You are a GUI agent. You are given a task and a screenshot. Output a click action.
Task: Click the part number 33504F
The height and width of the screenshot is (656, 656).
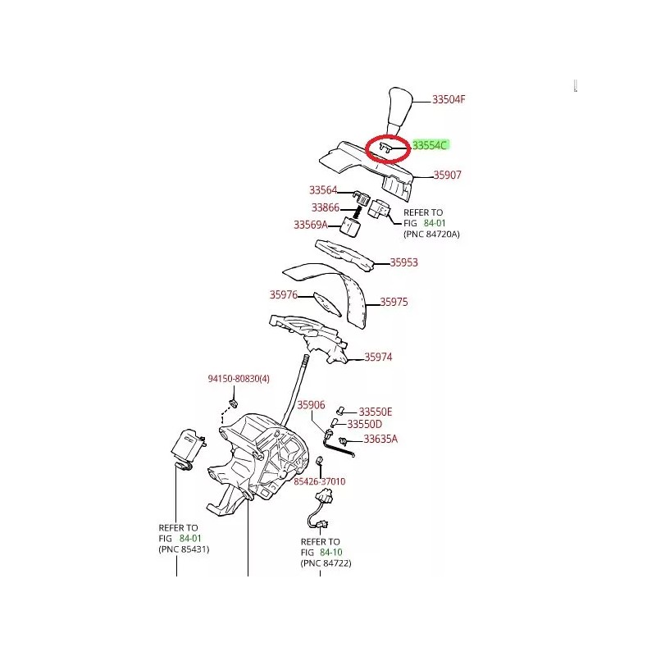(x=449, y=99)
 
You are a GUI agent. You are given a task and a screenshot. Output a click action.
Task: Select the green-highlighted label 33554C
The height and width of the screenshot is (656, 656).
(x=430, y=145)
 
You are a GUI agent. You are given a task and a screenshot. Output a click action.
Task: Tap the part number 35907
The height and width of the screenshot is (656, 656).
(x=447, y=175)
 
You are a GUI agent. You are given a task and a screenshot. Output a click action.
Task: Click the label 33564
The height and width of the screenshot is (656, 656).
(x=323, y=190)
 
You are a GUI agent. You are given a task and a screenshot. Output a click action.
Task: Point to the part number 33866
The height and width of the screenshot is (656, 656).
(x=326, y=207)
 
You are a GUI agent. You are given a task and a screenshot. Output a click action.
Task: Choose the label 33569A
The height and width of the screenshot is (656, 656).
(x=311, y=225)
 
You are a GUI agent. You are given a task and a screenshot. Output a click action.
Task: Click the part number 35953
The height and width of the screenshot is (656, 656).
(x=403, y=262)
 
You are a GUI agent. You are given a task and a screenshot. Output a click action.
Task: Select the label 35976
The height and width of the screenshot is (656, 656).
(x=284, y=294)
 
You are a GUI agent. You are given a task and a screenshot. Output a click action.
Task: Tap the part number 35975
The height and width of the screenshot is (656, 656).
(x=394, y=302)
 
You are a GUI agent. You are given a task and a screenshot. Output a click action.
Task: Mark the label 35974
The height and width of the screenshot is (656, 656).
(x=378, y=357)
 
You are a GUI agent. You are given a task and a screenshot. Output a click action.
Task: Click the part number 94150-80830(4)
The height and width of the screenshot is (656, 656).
(x=239, y=379)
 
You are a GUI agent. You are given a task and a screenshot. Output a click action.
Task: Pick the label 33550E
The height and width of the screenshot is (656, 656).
(x=376, y=412)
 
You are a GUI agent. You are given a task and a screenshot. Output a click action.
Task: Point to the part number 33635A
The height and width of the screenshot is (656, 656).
(x=380, y=439)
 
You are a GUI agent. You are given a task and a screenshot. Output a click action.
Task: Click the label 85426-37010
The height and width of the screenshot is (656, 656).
(x=320, y=481)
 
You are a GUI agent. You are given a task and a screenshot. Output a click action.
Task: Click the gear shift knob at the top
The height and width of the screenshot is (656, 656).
(x=399, y=111)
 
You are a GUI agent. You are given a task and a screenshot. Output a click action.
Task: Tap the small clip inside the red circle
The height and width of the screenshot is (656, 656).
(x=385, y=148)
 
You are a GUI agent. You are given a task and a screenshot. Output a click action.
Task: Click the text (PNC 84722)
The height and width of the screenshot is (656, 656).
(x=326, y=563)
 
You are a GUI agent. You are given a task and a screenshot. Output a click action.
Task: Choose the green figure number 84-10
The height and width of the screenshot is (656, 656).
(x=331, y=552)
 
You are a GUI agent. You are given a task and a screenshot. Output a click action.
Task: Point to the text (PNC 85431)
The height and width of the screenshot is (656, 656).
(x=184, y=549)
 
